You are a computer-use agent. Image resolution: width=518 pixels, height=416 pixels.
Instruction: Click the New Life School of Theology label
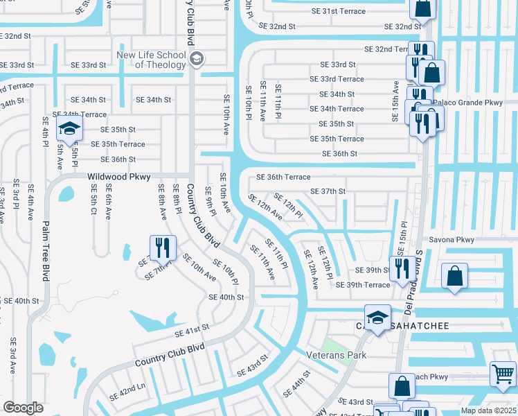pos(151,60)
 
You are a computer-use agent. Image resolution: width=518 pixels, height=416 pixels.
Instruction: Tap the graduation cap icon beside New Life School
pos(196,58)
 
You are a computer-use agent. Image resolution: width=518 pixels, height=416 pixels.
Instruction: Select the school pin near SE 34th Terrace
pos(69,128)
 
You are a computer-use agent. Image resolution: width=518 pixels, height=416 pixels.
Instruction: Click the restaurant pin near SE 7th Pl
pos(163,247)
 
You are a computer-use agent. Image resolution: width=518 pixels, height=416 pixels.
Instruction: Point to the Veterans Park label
pos(336,354)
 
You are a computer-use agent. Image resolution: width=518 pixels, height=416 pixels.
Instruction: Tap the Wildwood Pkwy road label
pos(118,177)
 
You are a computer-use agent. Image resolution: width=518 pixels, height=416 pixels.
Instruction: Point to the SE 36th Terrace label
pos(283,177)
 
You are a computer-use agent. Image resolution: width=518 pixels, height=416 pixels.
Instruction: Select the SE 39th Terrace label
pos(363,285)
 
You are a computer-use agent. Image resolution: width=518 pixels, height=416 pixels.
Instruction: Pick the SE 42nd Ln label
pos(127,392)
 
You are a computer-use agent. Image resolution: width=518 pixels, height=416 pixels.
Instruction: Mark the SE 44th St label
pos(296,385)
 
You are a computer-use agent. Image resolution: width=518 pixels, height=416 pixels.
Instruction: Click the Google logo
pos(23,408)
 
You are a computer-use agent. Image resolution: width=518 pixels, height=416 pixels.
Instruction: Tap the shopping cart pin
pos(502,374)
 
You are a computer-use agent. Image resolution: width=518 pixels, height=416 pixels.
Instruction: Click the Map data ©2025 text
pos(489,410)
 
